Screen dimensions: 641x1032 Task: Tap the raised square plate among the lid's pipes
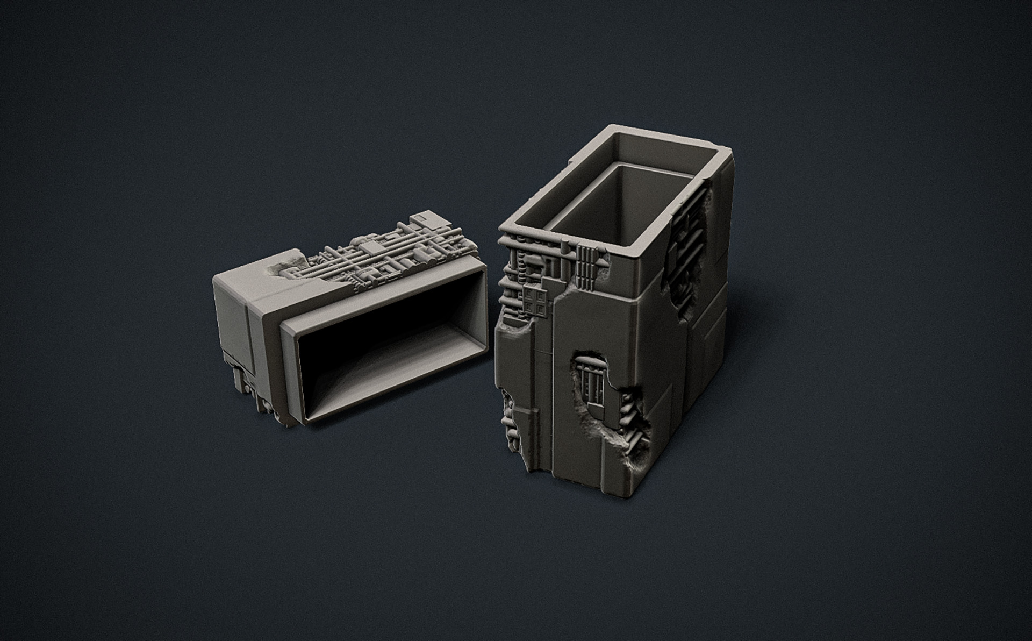pyautogui.click(x=370, y=247)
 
